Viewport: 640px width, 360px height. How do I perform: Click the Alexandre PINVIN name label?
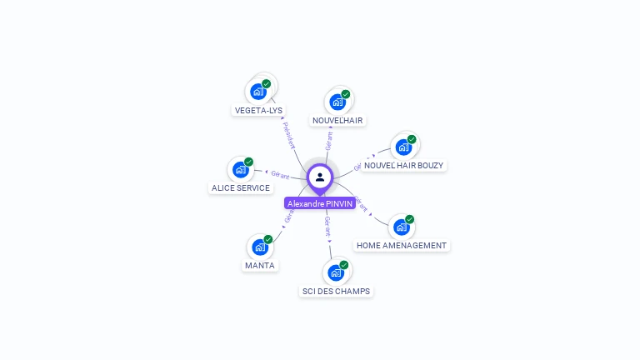[320, 203]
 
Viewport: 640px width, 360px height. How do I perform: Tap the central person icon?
[320, 177]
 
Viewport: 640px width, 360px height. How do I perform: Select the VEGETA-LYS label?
[258, 110]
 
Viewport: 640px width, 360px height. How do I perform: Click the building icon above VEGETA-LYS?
[258, 91]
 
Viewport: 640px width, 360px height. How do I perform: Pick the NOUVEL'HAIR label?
[337, 120]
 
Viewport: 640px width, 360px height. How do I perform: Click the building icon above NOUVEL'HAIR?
[337, 102]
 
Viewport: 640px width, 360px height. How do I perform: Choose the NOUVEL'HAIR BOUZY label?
[404, 165]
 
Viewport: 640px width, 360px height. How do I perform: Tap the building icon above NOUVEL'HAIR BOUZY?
[403, 147]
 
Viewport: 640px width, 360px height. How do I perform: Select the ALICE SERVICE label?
[241, 187]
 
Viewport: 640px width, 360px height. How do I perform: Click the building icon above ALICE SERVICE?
[241, 169]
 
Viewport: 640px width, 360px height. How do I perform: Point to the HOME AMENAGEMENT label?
[402, 246]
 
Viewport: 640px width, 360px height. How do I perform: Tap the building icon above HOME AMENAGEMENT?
[402, 227]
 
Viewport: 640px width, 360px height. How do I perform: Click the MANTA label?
[260, 266]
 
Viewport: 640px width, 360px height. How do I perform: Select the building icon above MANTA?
[260, 247]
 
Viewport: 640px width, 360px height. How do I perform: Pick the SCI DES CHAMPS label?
[336, 291]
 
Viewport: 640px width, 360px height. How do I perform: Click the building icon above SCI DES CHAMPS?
[336, 272]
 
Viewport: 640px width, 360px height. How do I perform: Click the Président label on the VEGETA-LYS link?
[288, 135]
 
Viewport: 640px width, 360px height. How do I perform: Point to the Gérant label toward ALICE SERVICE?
[281, 175]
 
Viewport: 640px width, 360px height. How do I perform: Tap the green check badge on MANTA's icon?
[268, 240]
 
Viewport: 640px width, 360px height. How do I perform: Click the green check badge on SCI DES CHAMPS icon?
[344, 265]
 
